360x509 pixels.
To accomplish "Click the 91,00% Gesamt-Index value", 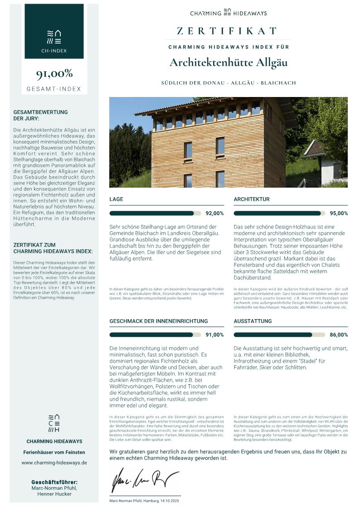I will click(54, 74).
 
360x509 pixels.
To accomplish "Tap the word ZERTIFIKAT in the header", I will click(227, 31).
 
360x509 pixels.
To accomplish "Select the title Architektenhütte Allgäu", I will click(229, 62).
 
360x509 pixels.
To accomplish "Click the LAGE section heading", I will click(117, 199).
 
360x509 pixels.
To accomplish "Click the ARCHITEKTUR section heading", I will click(252, 199).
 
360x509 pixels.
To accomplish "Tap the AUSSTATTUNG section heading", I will click(253, 321).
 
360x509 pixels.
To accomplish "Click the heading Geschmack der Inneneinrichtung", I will click(159, 321).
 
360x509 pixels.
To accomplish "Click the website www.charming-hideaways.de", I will click(54, 463).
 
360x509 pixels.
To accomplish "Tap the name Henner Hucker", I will click(54, 494).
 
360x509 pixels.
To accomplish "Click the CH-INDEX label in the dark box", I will click(54, 51).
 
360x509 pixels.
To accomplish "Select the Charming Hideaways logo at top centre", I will click(229, 13).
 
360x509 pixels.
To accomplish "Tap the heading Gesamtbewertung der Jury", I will click(41, 115).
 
